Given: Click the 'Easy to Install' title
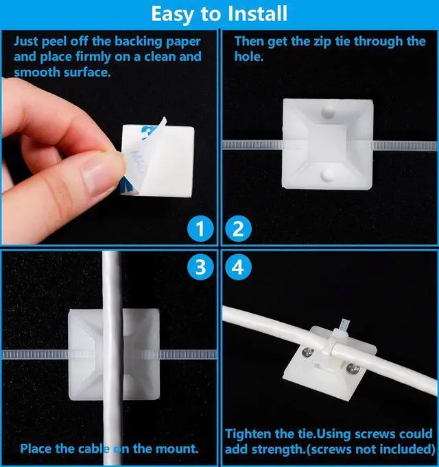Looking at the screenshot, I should (x=219, y=14).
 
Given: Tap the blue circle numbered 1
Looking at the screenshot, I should (x=200, y=229).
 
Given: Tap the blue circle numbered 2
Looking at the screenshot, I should (x=237, y=229).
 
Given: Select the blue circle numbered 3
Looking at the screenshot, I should (x=200, y=267).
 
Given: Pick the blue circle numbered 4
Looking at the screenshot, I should (x=237, y=267).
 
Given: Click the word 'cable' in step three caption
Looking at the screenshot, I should (x=115, y=449).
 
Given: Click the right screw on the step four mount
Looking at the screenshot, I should (x=355, y=369).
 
